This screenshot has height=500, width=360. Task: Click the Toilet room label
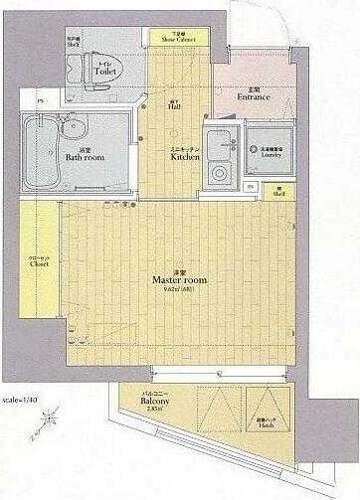pyautogui.click(x=105, y=72)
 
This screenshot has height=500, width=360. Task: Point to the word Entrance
pyautogui.click(x=255, y=96)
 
